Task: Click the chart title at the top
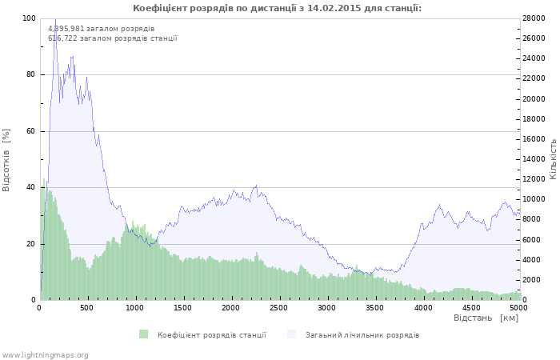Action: tap(277, 8)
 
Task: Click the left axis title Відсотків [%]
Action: tap(7, 159)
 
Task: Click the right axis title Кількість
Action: tap(552, 158)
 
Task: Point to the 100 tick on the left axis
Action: tap(29, 18)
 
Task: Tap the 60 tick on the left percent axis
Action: tap(30, 131)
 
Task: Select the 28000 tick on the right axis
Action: tap(534, 18)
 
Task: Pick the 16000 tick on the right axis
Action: tap(534, 139)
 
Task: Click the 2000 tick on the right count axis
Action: tap(532, 280)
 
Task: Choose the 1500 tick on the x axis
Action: tap(183, 307)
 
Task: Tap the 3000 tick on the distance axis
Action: tap(326, 307)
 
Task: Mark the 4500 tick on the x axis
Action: tap(470, 307)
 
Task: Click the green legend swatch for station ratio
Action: tap(143, 334)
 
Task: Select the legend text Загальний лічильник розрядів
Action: tap(362, 334)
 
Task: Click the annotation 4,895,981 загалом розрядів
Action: tap(102, 29)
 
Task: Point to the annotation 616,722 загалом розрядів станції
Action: tap(113, 38)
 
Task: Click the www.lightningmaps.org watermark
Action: tap(45, 354)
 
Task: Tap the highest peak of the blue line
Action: tap(55, 19)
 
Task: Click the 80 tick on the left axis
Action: tap(30, 74)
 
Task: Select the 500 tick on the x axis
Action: tap(87, 307)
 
